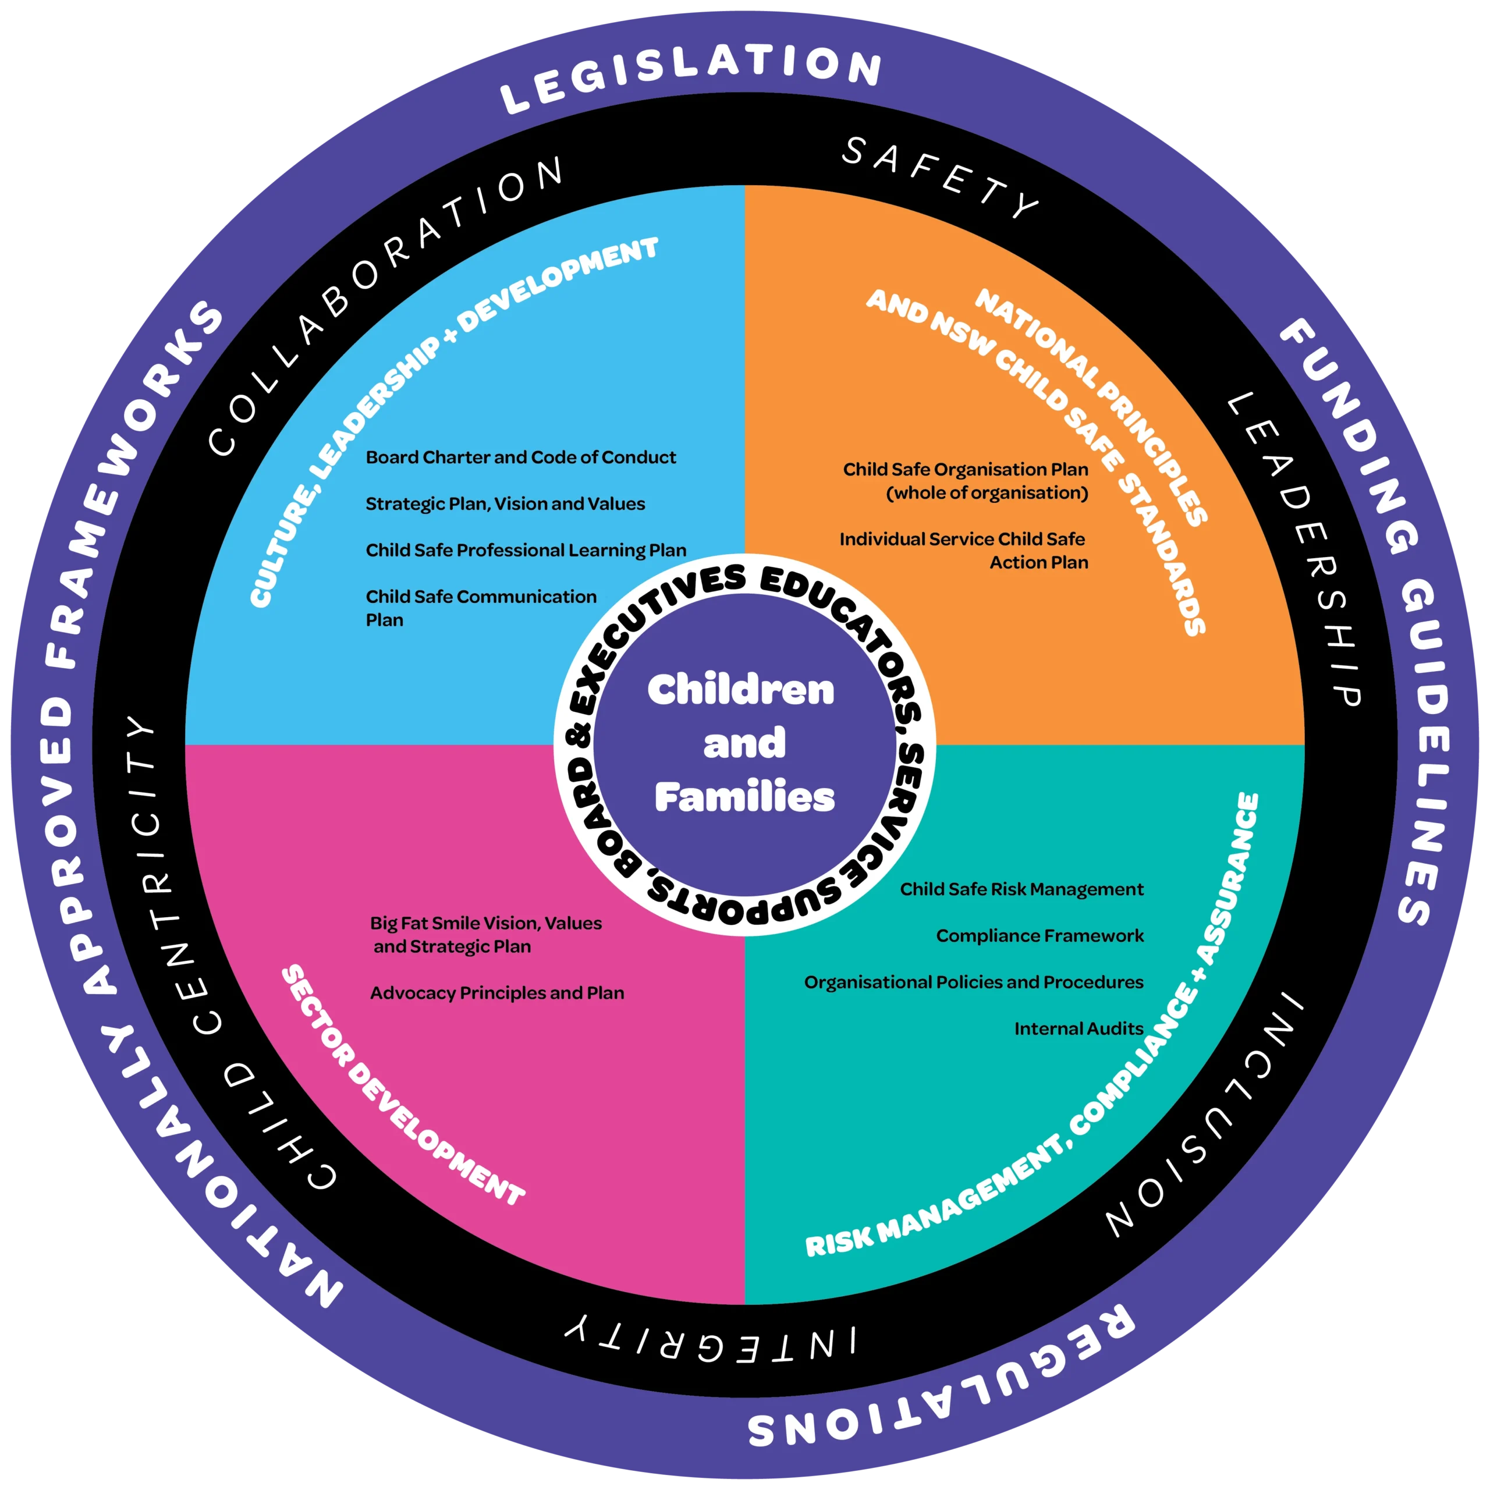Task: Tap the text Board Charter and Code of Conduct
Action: coord(520,457)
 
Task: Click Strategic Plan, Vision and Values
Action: coord(505,503)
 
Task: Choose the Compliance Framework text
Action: coord(1040,935)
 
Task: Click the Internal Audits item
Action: coord(1078,1028)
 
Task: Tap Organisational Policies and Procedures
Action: coord(973,982)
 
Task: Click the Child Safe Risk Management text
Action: coord(1021,889)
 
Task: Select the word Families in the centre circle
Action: coord(745,797)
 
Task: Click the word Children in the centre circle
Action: coord(741,690)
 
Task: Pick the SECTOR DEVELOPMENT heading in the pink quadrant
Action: coord(401,1087)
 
